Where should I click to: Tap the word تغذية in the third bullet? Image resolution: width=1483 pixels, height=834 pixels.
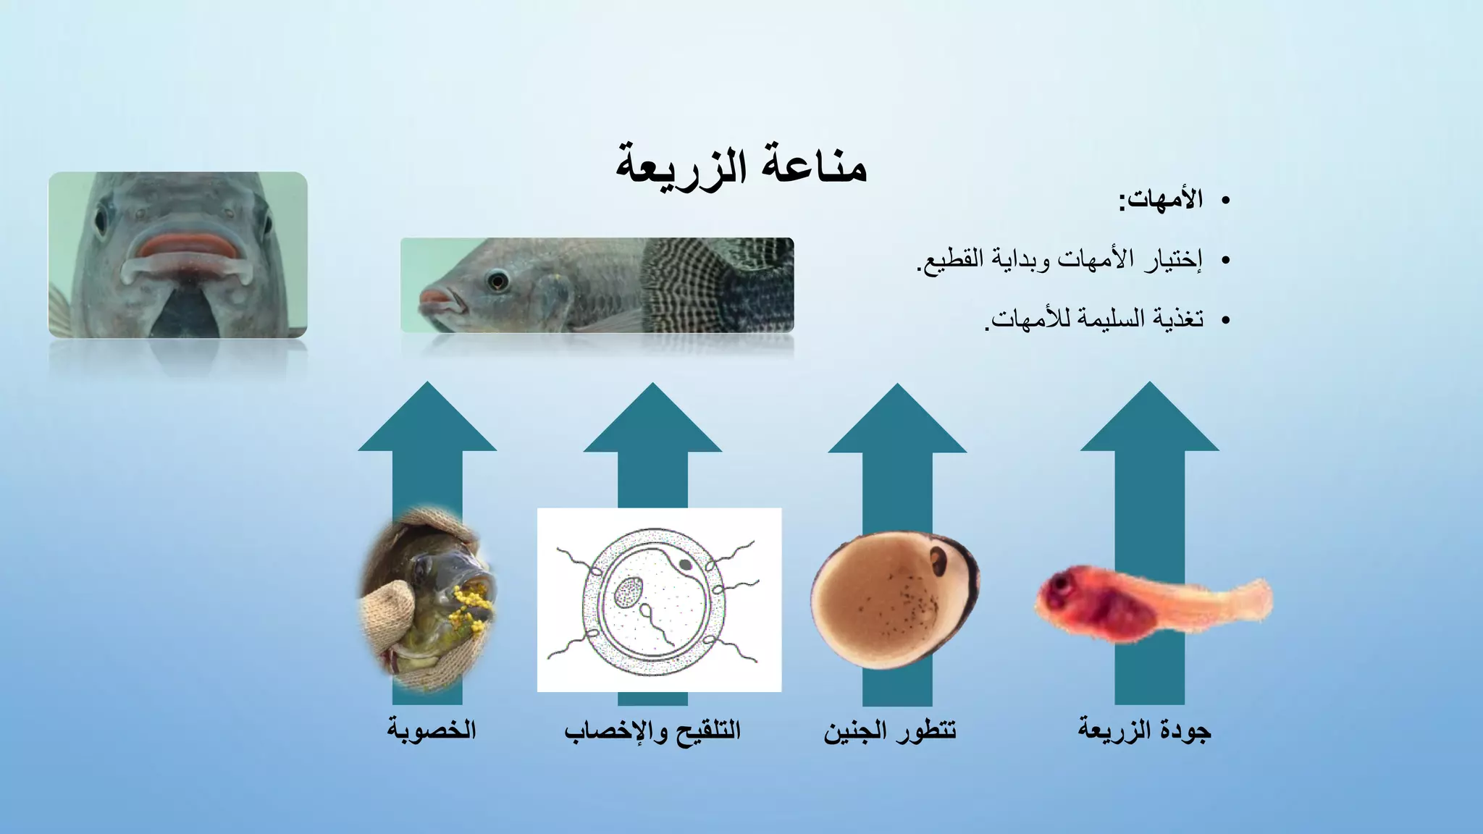coord(1178,319)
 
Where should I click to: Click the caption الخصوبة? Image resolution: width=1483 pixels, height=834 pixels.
coord(432,729)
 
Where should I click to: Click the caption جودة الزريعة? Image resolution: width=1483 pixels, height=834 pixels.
coord(1144,729)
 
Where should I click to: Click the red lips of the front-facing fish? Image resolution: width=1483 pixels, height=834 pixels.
coord(188,246)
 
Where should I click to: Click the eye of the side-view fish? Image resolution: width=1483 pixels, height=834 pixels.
coord(497,280)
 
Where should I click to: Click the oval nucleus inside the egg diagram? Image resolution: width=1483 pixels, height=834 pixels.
coord(627,594)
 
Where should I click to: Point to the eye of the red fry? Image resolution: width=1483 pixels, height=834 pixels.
coord(1062,584)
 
